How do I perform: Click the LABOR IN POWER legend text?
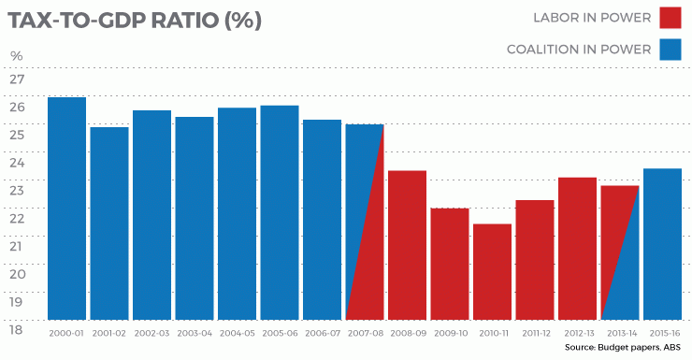[592, 18]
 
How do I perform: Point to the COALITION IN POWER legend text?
[578, 50]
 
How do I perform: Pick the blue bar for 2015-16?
[662, 243]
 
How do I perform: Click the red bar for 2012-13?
[577, 248]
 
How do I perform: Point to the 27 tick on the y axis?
[17, 79]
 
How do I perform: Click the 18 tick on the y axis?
[17, 330]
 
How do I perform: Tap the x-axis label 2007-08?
[364, 333]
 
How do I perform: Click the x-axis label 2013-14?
[619, 333]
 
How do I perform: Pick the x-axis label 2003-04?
[194, 333]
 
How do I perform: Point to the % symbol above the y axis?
[16, 56]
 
